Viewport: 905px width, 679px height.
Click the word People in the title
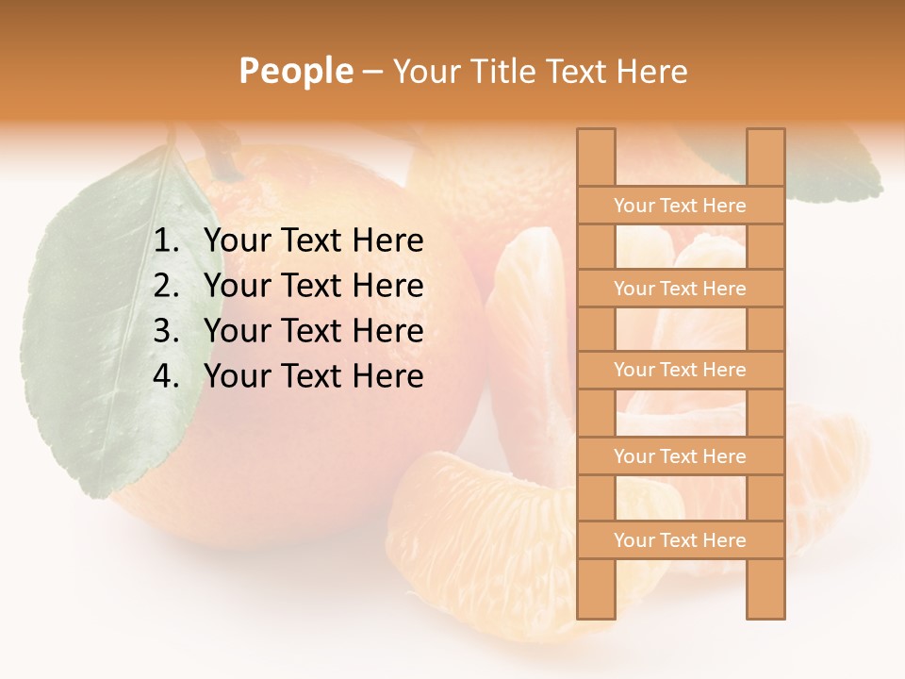(295, 71)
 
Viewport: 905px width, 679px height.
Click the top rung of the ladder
(680, 206)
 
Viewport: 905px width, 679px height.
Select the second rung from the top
(680, 289)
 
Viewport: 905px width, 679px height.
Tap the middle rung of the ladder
(680, 370)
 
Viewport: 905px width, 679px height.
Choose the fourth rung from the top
(680, 456)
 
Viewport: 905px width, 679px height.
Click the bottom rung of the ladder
(680, 540)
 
